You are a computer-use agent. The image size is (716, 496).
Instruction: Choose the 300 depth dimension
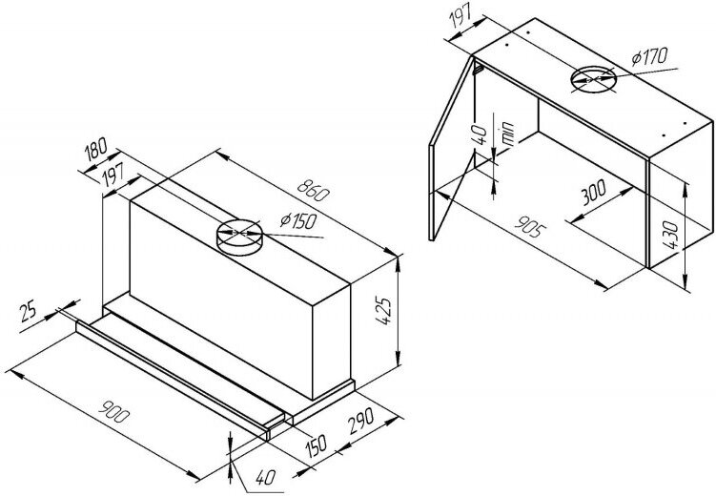(593, 197)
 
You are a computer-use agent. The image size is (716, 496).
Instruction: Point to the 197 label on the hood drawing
(106, 174)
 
